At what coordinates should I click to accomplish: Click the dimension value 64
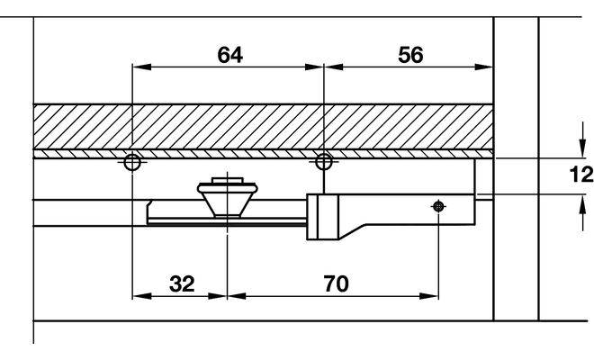pyautogui.click(x=229, y=54)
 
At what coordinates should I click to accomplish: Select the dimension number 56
pyautogui.click(x=409, y=54)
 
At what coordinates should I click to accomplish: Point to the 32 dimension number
pyautogui.click(x=182, y=283)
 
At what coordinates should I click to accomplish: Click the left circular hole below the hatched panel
pyautogui.click(x=132, y=162)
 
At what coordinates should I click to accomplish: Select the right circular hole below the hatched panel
pyautogui.click(x=323, y=162)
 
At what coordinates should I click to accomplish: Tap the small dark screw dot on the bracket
pyautogui.click(x=437, y=206)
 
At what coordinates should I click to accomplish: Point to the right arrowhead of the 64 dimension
pyautogui.click(x=316, y=66)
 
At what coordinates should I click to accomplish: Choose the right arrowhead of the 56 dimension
pyautogui.click(x=488, y=66)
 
